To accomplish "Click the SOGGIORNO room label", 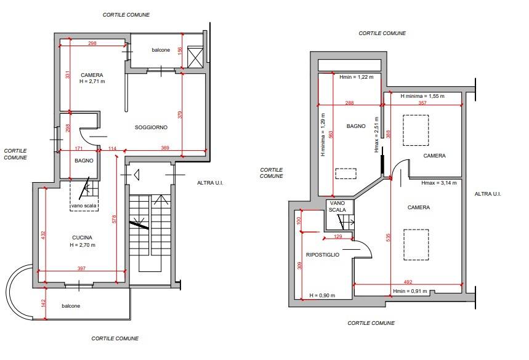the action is click(151, 127).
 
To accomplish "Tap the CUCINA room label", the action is click(82, 238).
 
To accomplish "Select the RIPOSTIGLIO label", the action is click(323, 255).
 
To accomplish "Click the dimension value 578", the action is click(114, 219).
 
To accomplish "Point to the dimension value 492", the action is click(408, 282).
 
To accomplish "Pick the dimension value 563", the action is click(331, 135).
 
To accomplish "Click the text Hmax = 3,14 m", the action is click(439, 183).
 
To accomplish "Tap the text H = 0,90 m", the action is click(322, 295).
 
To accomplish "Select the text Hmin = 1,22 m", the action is click(357, 77).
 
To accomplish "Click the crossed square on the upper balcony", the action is click(195, 57).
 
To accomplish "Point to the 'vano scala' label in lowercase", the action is click(84, 206).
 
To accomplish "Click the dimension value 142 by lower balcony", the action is click(43, 303).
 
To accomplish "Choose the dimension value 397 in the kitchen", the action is click(82, 268).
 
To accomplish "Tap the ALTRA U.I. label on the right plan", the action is click(488, 194).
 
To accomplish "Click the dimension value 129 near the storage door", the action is click(337, 236).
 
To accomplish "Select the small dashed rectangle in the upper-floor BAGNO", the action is click(346, 174).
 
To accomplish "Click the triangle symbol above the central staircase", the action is click(137, 175).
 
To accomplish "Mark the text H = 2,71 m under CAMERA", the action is click(92, 81).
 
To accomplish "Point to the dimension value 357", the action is click(422, 103).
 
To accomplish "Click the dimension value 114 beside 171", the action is click(112, 148).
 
